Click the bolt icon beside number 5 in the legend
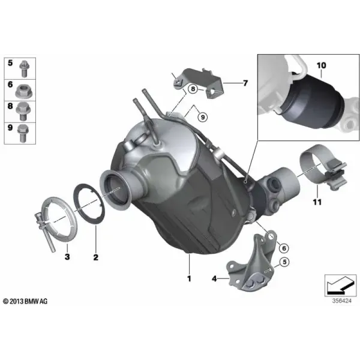[x=23, y=68]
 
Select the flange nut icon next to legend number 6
[x=24, y=91]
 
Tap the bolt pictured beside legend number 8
[x=22, y=112]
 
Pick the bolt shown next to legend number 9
[x=23, y=133]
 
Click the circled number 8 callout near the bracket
[x=193, y=89]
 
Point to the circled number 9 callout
[x=203, y=117]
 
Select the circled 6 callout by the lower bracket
[x=284, y=248]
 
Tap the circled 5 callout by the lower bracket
[x=284, y=262]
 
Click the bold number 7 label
[x=245, y=83]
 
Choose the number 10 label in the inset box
[x=321, y=65]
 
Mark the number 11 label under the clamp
[x=317, y=202]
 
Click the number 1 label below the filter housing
[x=189, y=278]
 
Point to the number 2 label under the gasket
[x=96, y=257]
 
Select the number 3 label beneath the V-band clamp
[x=67, y=256]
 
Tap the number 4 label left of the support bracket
[x=214, y=278]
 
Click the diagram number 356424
[x=341, y=301]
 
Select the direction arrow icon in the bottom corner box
[x=340, y=285]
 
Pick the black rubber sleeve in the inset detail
[x=314, y=101]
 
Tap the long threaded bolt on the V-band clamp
[x=46, y=232]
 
